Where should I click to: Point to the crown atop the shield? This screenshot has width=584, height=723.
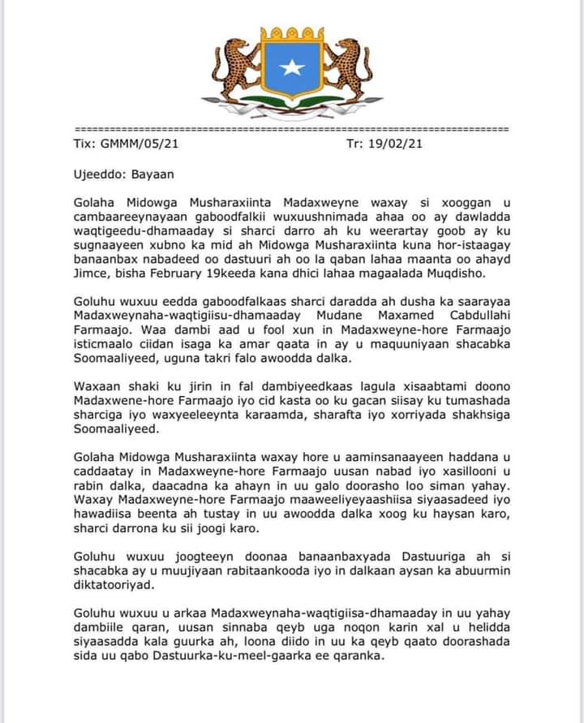tap(292, 33)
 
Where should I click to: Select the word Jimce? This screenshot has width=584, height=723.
tap(92, 276)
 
